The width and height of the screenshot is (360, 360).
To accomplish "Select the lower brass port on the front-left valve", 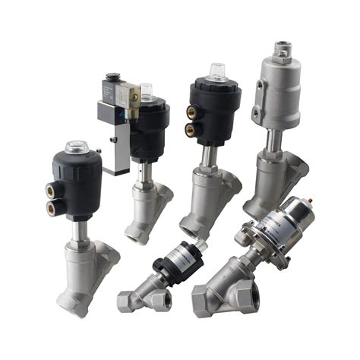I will (x=52, y=207).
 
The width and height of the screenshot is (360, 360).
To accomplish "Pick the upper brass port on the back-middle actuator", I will (x=191, y=112).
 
